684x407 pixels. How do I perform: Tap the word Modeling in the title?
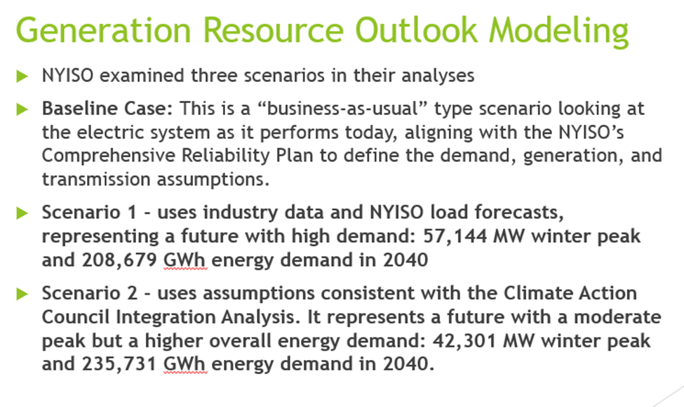558,32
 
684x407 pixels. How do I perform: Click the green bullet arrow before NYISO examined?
22,76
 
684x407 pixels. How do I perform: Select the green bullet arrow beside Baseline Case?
22,109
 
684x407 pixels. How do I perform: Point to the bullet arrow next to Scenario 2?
22,293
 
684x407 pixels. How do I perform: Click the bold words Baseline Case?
107,109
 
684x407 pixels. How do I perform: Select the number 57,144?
455,236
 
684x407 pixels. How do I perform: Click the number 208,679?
119,260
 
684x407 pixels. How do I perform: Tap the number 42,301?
464,341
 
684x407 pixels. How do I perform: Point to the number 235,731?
119,363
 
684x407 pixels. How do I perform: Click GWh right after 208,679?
185,260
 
